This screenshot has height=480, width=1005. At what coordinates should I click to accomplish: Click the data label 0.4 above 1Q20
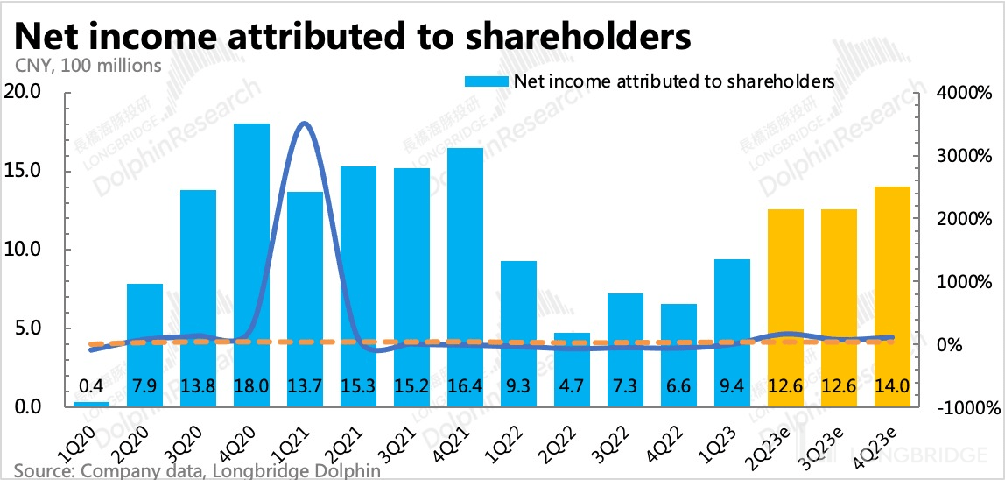(91, 385)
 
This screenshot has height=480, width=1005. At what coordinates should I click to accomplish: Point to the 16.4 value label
(465, 385)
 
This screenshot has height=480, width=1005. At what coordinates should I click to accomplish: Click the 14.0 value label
(892, 385)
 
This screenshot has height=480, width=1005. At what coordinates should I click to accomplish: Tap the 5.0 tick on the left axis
(29, 328)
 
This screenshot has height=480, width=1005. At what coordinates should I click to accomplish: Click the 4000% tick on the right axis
(964, 93)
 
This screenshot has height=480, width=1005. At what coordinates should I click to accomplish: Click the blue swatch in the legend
(484, 81)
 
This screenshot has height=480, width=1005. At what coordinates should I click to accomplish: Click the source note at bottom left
(197, 471)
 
